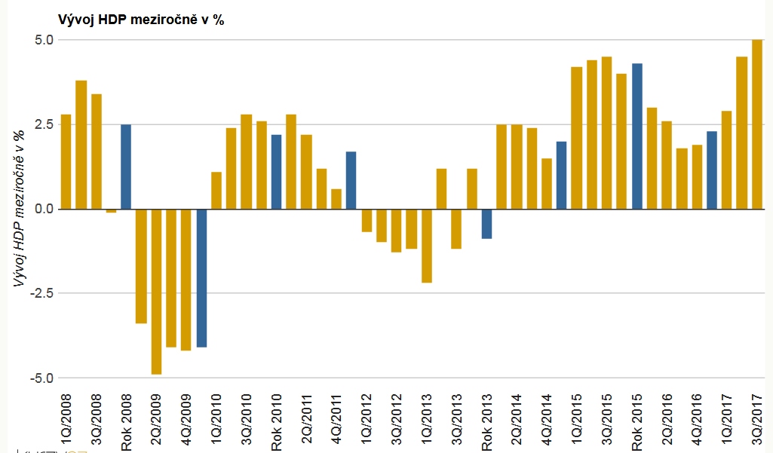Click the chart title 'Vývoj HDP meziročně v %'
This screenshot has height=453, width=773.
point(141,20)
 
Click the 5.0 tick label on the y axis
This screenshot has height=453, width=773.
point(44,39)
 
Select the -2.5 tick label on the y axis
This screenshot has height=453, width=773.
point(42,293)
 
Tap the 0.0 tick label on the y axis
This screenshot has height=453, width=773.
point(44,209)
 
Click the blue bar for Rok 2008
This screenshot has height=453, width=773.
point(126,167)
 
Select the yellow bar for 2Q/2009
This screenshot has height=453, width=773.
point(156,291)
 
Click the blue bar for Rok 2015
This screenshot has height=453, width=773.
point(637,136)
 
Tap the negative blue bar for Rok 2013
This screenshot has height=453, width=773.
point(487,223)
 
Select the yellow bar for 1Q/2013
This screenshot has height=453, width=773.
point(427,246)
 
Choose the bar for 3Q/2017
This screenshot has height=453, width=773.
point(757,124)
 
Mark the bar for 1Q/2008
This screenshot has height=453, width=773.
point(66,161)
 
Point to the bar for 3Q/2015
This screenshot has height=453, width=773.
point(607,133)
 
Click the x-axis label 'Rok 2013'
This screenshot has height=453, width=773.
point(486,423)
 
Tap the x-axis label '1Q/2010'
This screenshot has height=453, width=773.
point(216,419)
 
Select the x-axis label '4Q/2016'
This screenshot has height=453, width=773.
point(697,419)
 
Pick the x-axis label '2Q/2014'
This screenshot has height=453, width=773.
point(517,419)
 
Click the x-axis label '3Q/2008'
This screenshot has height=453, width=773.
point(96,419)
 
